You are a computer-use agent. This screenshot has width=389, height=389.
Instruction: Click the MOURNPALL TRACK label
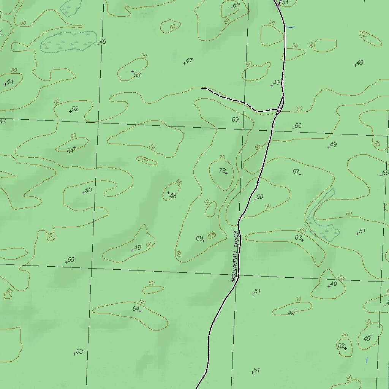(x=236, y=256)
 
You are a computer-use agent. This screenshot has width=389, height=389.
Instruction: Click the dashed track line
(x=236, y=101)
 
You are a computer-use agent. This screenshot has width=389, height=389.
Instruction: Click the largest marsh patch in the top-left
(x=68, y=41)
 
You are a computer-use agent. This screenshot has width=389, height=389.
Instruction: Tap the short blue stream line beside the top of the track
(x=290, y=27)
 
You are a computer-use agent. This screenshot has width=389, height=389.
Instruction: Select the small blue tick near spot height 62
(x=367, y=360)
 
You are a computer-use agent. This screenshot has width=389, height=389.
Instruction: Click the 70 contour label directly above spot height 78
(x=222, y=157)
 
